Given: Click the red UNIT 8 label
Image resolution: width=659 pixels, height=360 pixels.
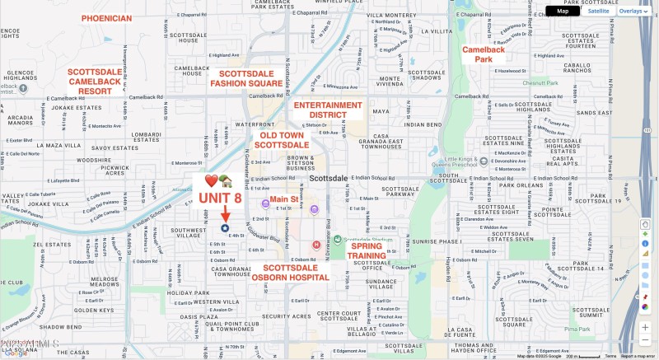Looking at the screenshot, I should click(220, 198).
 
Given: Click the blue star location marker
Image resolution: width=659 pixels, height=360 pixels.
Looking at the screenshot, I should click(225, 228).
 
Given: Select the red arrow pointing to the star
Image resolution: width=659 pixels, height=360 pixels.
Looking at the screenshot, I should click(225, 214).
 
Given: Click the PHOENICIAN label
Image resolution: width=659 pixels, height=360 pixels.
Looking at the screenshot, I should click(106, 18).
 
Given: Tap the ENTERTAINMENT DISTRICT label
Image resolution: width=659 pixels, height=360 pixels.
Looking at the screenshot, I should click(328, 110).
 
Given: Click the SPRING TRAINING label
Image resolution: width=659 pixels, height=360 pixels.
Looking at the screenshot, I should click(367, 250).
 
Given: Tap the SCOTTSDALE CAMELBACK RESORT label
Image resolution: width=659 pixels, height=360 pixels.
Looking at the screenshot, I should click(95, 82).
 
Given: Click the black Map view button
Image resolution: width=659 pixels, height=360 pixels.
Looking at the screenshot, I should click(563, 11).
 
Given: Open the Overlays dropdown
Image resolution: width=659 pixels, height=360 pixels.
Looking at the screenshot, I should click(633, 11).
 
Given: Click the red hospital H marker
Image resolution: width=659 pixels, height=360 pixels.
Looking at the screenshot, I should click(316, 245).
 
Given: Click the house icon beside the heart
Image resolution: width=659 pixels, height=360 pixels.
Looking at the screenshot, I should click(227, 180).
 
